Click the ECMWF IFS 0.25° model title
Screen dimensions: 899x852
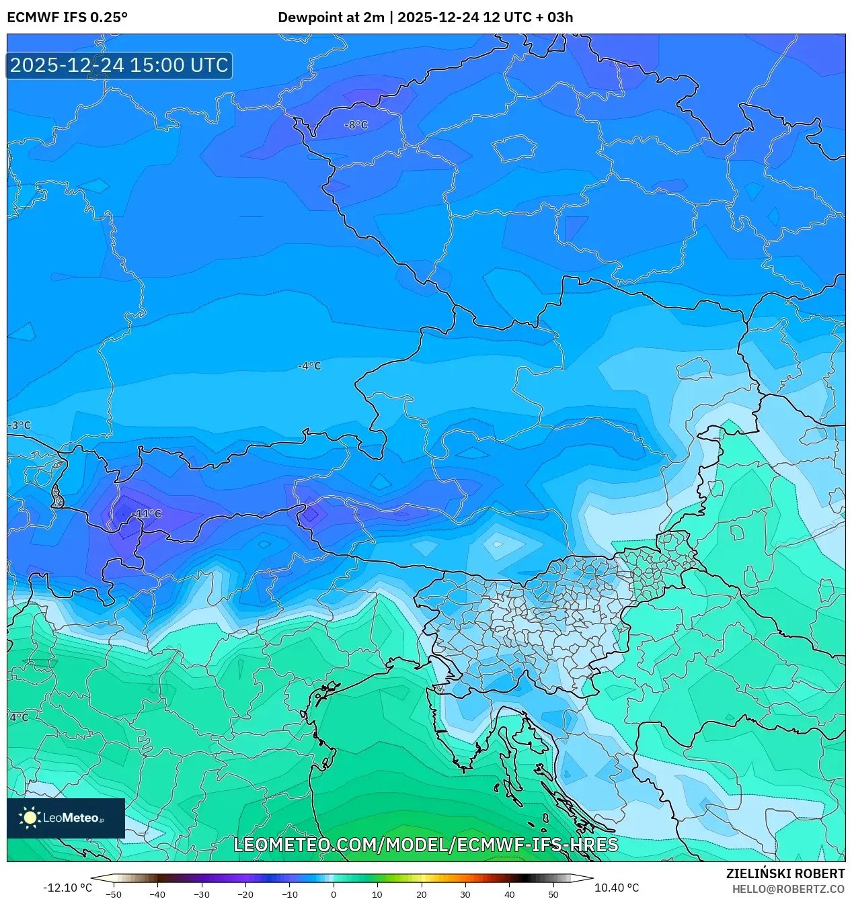[67, 17]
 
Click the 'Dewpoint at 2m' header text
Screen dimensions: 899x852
[331, 17]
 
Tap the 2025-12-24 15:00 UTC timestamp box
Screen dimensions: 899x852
[119, 65]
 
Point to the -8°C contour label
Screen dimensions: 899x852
[356, 125]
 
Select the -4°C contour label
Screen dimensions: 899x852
[309, 366]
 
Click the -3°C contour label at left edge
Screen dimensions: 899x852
[20, 425]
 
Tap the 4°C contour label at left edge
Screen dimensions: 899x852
[19, 718]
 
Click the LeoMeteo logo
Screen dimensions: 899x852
[66, 818]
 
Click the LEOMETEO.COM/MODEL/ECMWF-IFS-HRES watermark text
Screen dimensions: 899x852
[426, 845]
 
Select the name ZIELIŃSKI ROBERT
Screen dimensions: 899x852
[785, 873]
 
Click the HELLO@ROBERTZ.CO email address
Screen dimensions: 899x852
[788, 889]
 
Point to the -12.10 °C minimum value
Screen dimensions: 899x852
[67, 888]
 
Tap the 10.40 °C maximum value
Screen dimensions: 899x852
[617, 888]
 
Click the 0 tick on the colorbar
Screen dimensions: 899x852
[334, 894]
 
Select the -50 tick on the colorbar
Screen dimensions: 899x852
[114, 894]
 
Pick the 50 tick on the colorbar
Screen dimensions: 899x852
[553, 894]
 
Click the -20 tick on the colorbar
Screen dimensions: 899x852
[245, 894]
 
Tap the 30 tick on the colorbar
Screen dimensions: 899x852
[465, 894]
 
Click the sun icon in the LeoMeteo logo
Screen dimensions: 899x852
[30, 818]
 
